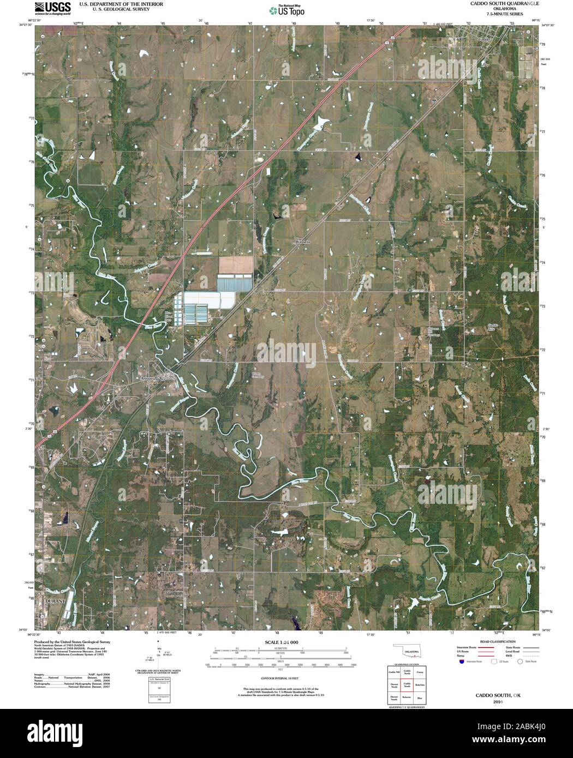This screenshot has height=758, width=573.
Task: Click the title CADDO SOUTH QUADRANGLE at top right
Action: click(x=497, y=3)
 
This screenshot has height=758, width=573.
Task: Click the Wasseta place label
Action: click(x=302, y=240)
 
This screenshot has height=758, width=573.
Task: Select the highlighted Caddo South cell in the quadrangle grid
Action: click(x=407, y=684)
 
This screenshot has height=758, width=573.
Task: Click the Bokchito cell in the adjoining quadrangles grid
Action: click(x=420, y=684)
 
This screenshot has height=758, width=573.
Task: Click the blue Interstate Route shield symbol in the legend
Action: click(x=462, y=661)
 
